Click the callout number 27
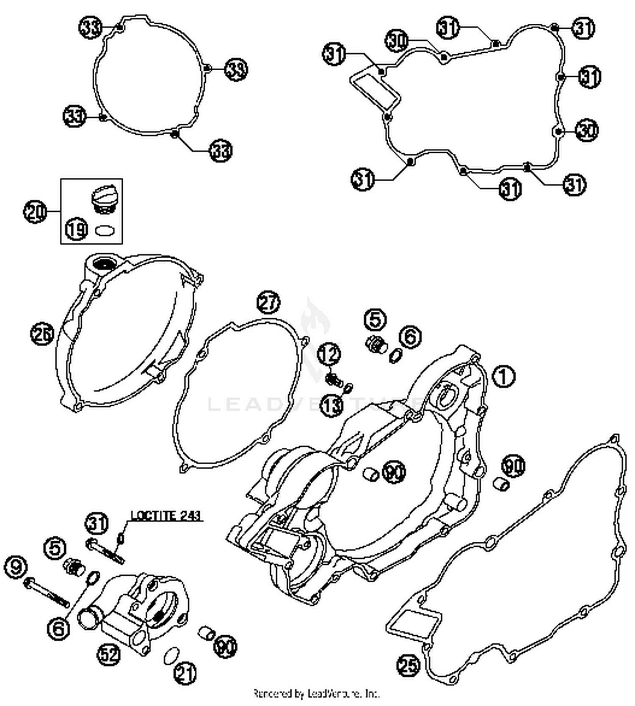268,303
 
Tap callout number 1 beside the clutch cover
504,376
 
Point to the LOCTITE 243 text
166,516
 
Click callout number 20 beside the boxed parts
36,211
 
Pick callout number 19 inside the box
77,229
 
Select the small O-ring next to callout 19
105,231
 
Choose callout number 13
331,405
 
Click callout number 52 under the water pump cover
110,654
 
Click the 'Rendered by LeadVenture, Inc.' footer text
316,693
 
